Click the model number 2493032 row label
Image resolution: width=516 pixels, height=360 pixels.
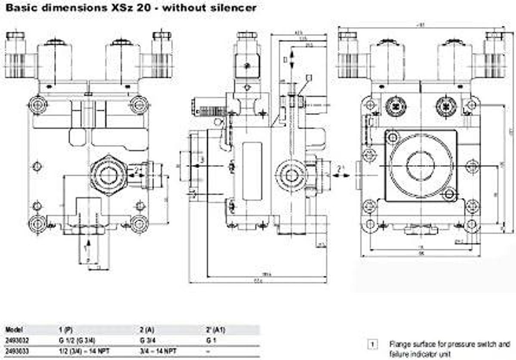[16, 340]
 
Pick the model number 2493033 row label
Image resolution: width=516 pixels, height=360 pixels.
[16, 351]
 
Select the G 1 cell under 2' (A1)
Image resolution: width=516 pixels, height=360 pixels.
[210, 340]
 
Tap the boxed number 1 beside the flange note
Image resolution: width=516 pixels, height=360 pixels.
[372, 345]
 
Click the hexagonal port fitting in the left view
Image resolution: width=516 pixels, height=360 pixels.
[108, 174]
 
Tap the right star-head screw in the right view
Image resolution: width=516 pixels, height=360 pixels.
[446, 105]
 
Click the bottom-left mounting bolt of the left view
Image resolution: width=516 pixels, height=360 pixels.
[37, 224]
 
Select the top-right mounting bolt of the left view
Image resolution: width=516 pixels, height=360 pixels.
[139, 104]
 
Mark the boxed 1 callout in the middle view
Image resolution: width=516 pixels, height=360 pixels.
[307, 77]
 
